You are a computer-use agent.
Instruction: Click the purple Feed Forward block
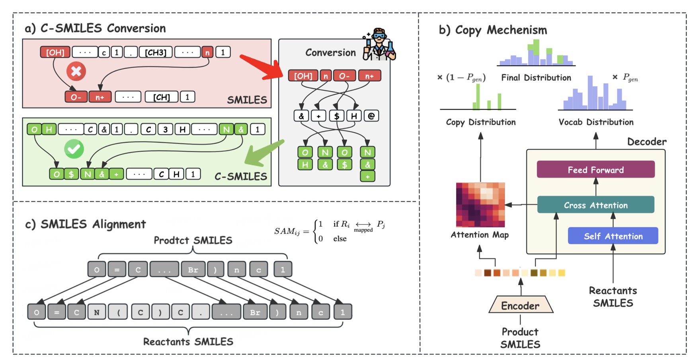pyautogui.click(x=595, y=170)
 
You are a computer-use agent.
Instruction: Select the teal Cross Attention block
pyautogui.click(x=595, y=205)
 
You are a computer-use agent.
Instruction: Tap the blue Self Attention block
pyautogui.click(x=613, y=236)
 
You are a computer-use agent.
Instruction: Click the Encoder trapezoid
pyautogui.click(x=520, y=305)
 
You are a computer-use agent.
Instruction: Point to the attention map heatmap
pyautogui.click(x=480, y=205)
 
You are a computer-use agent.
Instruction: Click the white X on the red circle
pyautogui.click(x=76, y=71)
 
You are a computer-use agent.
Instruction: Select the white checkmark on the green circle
pyautogui.click(x=74, y=149)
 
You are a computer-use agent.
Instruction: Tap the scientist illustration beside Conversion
pyautogui.click(x=379, y=45)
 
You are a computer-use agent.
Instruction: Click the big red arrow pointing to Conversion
pyautogui.click(x=261, y=67)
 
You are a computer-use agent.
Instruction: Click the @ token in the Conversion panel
pyautogui.click(x=371, y=116)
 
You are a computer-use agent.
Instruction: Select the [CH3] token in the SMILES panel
pyautogui.click(x=155, y=52)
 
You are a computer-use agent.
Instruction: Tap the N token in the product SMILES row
pyautogui.click(x=237, y=270)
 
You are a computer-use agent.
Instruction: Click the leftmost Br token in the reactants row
pyautogui.click(x=255, y=312)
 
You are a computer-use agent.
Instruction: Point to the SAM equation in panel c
pyautogui.click(x=329, y=231)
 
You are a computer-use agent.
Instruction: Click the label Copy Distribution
pyautogui.click(x=480, y=122)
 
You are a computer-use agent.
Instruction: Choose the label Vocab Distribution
pyautogui.click(x=596, y=122)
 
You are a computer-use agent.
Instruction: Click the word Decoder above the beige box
pyautogui.click(x=646, y=142)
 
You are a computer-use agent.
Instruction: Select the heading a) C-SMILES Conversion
pyautogui.click(x=95, y=28)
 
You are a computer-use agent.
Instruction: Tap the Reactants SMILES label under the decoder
pyautogui.click(x=613, y=297)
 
